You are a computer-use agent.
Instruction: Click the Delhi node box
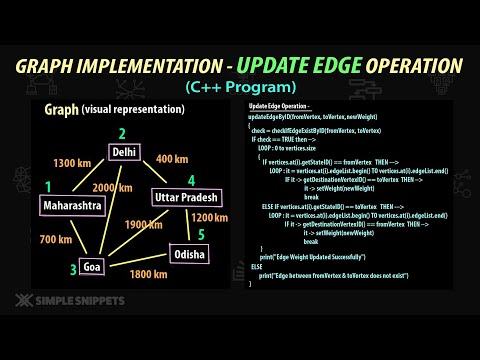[124, 153]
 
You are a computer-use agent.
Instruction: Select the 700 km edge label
[54, 239]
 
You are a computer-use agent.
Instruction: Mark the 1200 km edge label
[210, 218]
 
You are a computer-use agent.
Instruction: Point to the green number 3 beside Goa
[73, 269]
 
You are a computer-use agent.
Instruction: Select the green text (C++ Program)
[240, 87]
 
